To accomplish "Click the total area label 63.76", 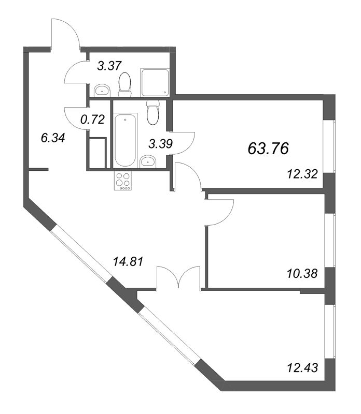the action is pyautogui.click(x=268, y=149).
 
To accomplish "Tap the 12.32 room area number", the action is pyautogui.click(x=302, y=174).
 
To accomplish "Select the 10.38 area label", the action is pyautogui.click(x=302, y=274).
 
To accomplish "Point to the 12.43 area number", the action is pyautogui.click(x=302, y=367).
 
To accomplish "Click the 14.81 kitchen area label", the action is pyautogui.click(x=128, y=261).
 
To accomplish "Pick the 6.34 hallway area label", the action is pyautogui.click(x=53, y=138).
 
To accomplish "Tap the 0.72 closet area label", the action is pyautogui.click(x=93, y=120).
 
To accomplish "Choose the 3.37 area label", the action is pyautogui.click(x=109, y=66).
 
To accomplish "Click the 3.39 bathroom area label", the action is pyautogui.click(x=161, y=144).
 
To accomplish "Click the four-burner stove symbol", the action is pyautogui.click(x=123, y=181).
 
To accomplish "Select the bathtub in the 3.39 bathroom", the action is pyautogui.click(x=125, y=140).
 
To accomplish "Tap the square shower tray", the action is pyautogui.click(x=155, y=83).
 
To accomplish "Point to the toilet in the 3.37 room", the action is pyautogui.click(x=125, y=85).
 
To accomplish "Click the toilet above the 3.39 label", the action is pyautogui.click(x=153, y=112).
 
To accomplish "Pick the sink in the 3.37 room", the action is pyautogui.click(x=102, y=90).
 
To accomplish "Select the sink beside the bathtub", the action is pyautogui.click(x=148, y=161).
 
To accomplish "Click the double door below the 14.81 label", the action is pyautogui.click(x=178, y=277).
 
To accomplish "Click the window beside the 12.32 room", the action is pyautogui.click(x=330, y=146).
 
